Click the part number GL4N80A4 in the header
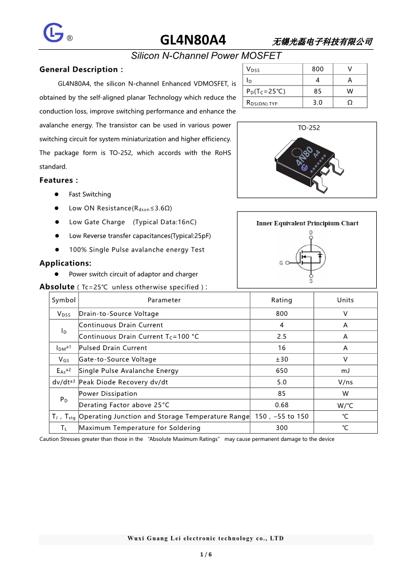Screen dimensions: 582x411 coord(193,40)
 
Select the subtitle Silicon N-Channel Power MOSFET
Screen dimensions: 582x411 coord(206,56)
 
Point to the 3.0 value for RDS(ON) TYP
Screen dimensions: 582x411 coord(318,103)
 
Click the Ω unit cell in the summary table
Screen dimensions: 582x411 coord(350,103)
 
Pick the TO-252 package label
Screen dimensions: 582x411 coord(309,128)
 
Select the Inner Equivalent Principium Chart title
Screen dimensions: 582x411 coord(307,224)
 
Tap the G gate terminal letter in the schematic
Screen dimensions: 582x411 coord(281,263)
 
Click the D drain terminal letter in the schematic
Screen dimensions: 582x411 coord(311,232)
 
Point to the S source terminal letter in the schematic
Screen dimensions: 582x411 coord(311,281)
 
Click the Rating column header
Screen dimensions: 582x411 coord(281,300)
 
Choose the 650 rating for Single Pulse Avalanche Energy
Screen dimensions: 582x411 coord(281,371)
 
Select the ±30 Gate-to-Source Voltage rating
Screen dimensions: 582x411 coord(281,359)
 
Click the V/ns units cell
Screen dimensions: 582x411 coord(345,382)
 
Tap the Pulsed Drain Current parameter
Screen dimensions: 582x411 coord(113,348)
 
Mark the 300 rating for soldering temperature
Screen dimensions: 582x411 coord(281,428)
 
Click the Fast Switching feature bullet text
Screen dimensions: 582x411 coord(90,195)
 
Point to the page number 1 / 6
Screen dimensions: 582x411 coord(206,555)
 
